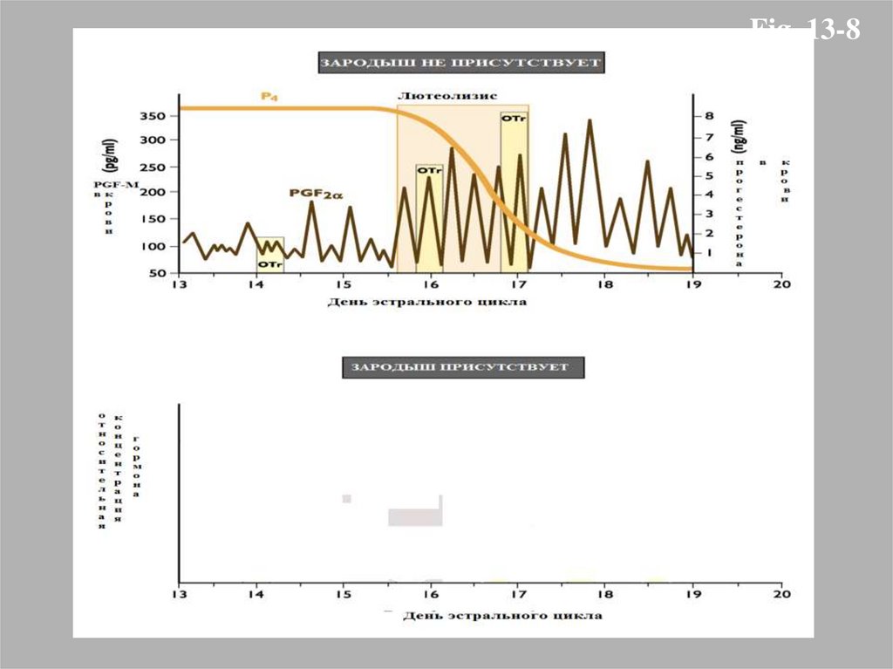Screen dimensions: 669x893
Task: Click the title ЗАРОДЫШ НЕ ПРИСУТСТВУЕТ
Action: [x=460, y=64]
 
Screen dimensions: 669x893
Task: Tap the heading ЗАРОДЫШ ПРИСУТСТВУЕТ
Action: [x=460, y=367]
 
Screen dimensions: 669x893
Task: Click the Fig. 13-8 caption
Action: [x=806, y=31]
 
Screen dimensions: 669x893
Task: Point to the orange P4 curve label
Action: [x=269, y=96]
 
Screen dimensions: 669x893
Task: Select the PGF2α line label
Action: [x=310, y=195]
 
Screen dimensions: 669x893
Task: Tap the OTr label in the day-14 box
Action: [x=269, y=263]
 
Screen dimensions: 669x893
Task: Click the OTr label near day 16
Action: [x=429, y=172]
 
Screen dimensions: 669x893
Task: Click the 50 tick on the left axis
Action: [x=157, y=274]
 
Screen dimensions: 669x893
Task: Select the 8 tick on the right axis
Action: [x=709, y=116]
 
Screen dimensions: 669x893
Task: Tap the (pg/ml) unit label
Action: [x=111, y=157]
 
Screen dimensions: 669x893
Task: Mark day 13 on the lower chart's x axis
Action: [x=180, y=595]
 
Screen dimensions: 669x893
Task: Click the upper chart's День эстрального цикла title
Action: [x=427, y=303]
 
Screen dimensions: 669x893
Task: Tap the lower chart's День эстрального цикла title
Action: [x=501, y=616]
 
